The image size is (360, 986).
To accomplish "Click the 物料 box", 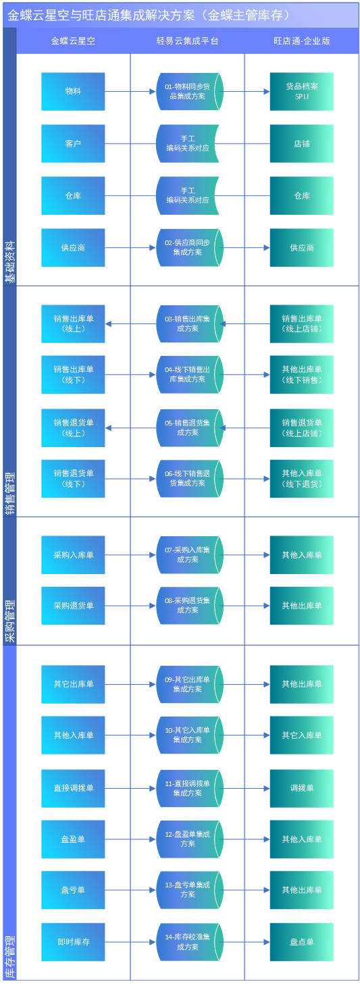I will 73,91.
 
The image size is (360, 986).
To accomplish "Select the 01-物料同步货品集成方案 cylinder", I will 188,91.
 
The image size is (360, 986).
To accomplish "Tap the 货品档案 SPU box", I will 301,91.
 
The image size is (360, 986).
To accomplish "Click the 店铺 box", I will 301,143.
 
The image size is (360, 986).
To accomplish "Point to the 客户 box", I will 73,143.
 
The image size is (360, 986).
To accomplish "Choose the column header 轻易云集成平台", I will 188,41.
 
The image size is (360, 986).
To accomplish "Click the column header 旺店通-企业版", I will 301,41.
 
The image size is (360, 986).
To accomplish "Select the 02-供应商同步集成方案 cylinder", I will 188,247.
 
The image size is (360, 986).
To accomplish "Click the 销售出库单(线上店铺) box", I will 301,323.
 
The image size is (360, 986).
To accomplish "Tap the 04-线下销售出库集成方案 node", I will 188,375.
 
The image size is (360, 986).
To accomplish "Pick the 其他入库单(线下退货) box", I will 301,478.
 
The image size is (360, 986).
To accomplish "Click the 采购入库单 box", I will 73,555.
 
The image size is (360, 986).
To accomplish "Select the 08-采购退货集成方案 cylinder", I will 188,605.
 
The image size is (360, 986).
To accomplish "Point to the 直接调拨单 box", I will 73,788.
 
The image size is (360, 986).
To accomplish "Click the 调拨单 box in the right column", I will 301,788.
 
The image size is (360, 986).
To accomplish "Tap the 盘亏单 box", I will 73,890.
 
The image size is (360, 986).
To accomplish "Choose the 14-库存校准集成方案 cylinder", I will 188,941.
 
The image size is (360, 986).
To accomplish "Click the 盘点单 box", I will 301,941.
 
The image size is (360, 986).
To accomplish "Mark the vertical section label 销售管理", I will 9,494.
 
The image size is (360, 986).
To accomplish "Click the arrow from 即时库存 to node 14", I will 130,941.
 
